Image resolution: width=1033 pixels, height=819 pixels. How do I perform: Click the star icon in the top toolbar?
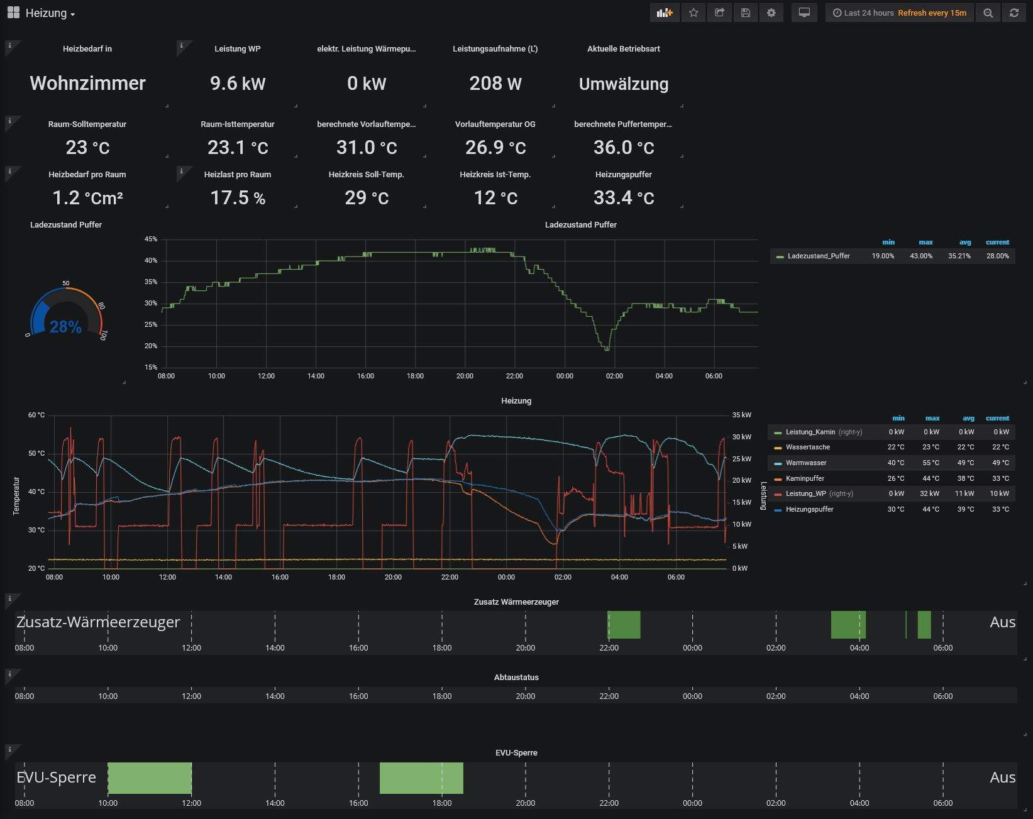[693, 13]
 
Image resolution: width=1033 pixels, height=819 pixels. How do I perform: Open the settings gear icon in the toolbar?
[771, 13]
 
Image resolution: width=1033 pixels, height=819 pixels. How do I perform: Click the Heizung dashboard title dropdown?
[50, 13]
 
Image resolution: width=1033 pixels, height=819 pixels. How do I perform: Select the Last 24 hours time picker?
[863, 13]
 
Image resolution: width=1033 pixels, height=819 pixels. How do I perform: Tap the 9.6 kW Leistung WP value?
[238, 84]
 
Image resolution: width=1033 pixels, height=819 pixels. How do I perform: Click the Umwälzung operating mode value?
[623, 84]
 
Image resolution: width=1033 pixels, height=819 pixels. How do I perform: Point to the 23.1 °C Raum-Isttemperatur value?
[238, 148]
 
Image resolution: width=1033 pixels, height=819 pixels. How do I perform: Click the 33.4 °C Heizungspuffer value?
[623, 198]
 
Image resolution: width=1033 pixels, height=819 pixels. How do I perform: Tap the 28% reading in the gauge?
[65, 327]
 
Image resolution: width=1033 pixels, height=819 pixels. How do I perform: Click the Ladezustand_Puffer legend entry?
[818, 256]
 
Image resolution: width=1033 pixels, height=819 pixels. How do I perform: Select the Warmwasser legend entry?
[805, 463]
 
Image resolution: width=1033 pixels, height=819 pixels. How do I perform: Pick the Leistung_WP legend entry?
[805, 493]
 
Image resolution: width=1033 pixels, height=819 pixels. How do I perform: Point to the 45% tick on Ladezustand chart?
[150, 239]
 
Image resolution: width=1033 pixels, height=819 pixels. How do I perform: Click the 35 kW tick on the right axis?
[741, 415]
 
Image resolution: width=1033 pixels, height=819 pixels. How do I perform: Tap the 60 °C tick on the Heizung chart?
[36, 415]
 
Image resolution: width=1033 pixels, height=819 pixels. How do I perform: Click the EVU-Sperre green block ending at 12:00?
[150, 778]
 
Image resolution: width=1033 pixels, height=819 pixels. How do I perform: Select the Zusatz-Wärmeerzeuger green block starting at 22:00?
[624, 625]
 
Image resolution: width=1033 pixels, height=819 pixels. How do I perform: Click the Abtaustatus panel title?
[516, 677]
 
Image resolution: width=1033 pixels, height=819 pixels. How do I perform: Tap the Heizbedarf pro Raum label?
[87, 174]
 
